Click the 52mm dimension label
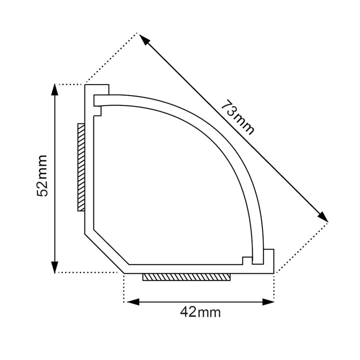pos(42,175)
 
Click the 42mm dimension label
pos(200,312)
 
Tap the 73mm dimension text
pos(238,117)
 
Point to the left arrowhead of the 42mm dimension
pos(133,302)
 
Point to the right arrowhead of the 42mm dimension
pos(268,302)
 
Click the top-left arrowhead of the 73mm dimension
pos(144,39)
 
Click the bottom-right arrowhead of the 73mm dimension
pos(322,216)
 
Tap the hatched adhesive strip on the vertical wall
pos(81,167)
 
